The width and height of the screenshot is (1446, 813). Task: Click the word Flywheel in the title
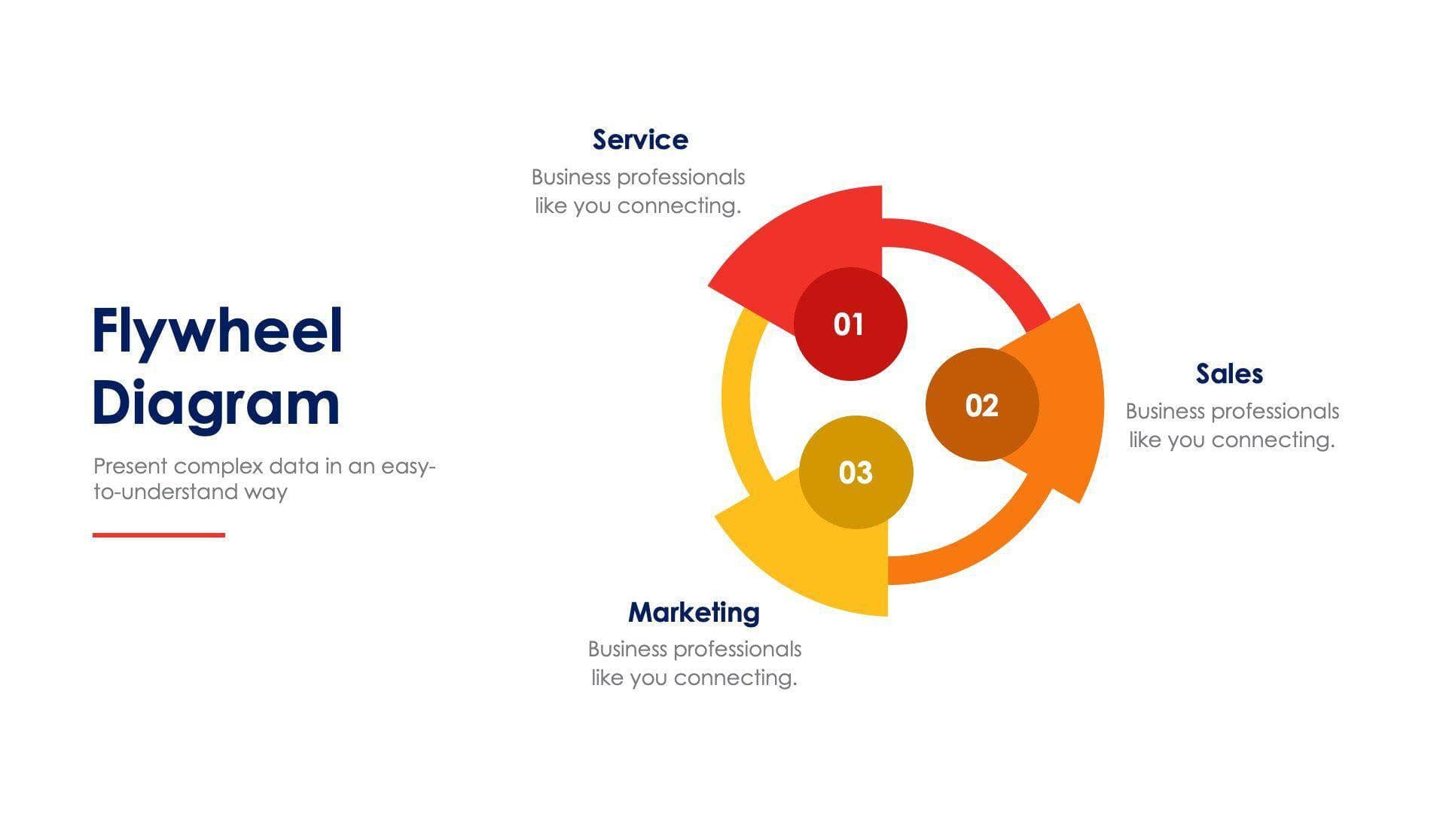coord(217,332)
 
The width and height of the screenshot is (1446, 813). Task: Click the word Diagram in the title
coord(215,404)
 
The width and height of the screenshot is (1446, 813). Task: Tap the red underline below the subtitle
coord(159,535)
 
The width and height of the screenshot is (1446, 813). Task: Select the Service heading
coord(640,140)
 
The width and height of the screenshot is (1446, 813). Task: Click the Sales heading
coord(1229,374)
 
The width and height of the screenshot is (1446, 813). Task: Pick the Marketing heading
coord(694,613)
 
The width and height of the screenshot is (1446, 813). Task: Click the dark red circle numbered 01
coord(850,324)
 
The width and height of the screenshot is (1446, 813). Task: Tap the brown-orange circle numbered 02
coord(982,405)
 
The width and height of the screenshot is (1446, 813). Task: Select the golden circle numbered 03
coord(856,473)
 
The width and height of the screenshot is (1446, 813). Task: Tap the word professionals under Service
coord(680,178)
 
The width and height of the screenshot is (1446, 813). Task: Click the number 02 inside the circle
coord(982,406)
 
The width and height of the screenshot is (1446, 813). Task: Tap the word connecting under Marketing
coord(735,678)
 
